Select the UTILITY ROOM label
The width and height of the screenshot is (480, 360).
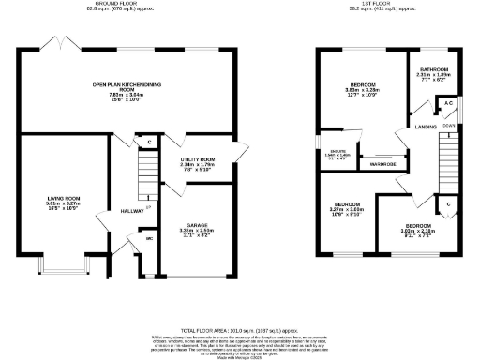tap(198, 160)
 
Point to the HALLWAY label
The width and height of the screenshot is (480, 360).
tap(131, 212)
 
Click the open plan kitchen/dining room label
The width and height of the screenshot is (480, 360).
tap(127, 85)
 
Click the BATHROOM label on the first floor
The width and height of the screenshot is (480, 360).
tap(433, 71)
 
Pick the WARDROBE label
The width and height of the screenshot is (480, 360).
tap(382, 164)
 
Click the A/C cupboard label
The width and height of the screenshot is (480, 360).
tap(447, 102)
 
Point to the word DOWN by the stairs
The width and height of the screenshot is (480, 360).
tap(448, 123)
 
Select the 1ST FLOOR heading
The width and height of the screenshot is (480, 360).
tap(388, 4)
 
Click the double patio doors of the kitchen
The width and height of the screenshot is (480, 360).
tap(62, 45)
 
